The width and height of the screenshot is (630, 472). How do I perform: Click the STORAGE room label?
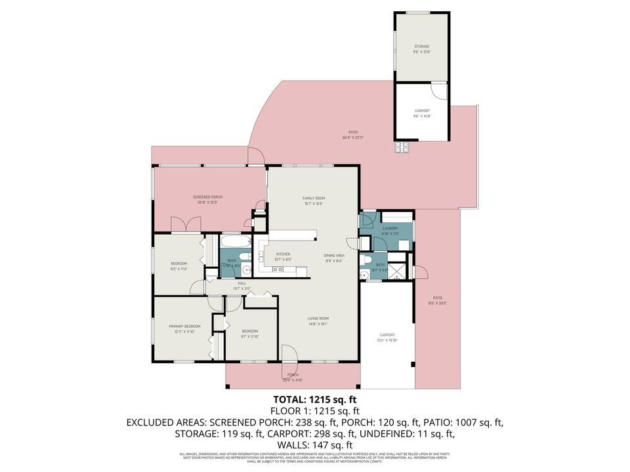coord(421,47)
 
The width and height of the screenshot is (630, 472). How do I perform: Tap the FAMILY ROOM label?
coord(314,198)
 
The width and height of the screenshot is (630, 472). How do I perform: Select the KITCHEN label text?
coord(283,254)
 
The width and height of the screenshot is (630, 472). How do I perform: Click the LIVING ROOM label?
coord(318,319)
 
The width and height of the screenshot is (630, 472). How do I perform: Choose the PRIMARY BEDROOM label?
coord(184,326)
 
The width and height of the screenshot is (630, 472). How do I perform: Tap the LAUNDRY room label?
coord(390,229)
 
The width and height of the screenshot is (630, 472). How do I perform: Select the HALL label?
coord(241,284)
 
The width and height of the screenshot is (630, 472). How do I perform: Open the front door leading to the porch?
coord(289,354)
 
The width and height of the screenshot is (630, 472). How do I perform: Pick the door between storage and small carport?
coord(438,90)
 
